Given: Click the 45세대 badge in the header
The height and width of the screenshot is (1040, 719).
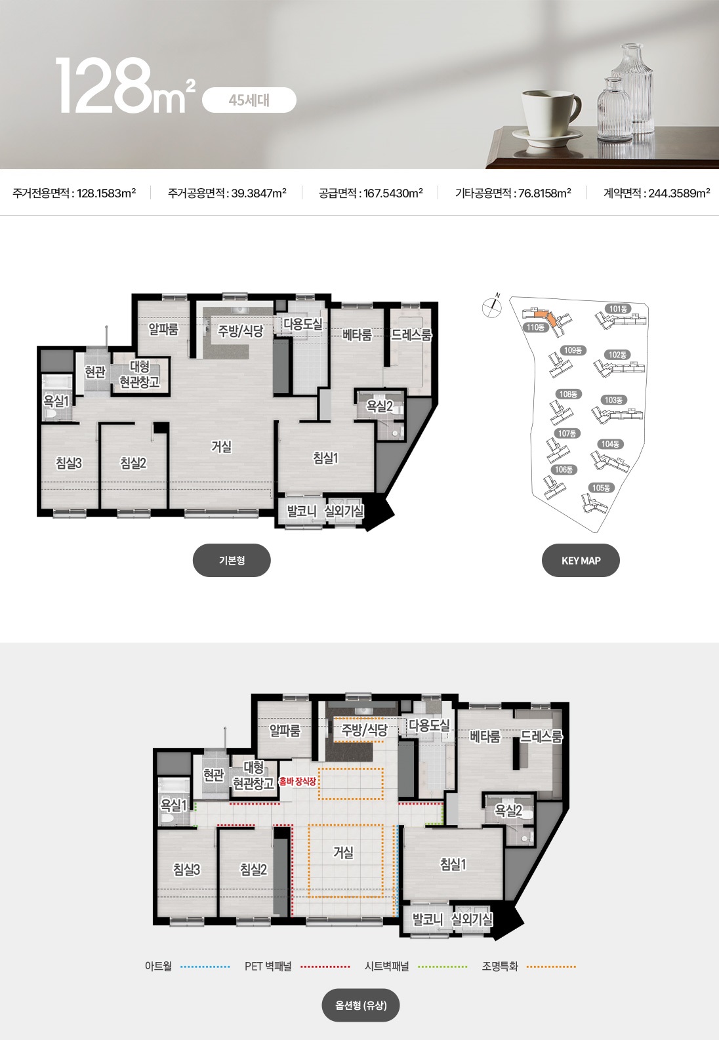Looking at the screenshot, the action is [x=249, y=100].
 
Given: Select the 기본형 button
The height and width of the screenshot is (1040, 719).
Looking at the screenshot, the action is [x=232, y=561].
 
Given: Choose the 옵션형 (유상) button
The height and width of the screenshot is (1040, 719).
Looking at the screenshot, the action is [x=361, y=1006].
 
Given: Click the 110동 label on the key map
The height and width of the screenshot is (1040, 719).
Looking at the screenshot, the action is [x=535, y=327].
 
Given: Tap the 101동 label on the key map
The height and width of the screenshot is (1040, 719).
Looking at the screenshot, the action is [x=618, y=309].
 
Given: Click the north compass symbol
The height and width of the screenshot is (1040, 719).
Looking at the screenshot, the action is [x=492, y=307].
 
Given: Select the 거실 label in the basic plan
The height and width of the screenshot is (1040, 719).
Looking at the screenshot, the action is [x=221, y=447].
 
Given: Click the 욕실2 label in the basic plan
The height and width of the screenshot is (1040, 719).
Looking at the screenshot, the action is [x=379, y=407].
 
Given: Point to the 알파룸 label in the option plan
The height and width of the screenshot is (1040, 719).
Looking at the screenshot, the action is [x=285, y=731].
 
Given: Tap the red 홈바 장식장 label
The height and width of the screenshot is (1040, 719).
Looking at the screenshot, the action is [x=298, y=782].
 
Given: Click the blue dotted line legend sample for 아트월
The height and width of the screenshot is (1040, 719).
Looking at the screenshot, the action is [x=205, y=967].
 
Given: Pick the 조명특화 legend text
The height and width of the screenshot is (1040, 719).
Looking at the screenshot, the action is [x=500, y=967].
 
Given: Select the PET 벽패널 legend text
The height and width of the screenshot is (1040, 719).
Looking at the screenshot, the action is [x=268, y=967].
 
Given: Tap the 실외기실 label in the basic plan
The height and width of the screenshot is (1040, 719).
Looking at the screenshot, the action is [x=344, y=511].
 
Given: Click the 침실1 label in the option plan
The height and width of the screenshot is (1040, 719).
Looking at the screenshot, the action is [x=453, y=864].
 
